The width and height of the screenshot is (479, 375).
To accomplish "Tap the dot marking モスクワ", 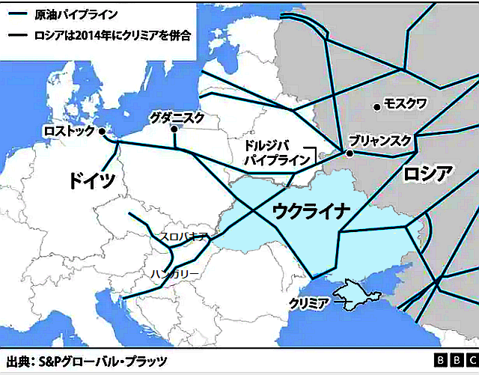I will pyautogui.click(x=377, y=106).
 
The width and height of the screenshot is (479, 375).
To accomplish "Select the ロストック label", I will pyautogui.click(x=70, y=131).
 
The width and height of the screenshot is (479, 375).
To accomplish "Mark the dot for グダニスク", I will pyautogui.click(x=174, y=129).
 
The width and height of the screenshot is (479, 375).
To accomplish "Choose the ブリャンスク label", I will pyautogui.click(x=381, y=141).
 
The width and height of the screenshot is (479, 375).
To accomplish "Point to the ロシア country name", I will pyautogui.click(x=427, y=174).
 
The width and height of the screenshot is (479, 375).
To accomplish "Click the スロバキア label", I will pyautogui.click(x=184, y=237).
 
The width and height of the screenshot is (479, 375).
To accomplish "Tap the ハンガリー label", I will pyautogui.click(x=174, y=275).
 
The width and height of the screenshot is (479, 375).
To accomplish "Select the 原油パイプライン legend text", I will pyautogui.click(x=65, y=14).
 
